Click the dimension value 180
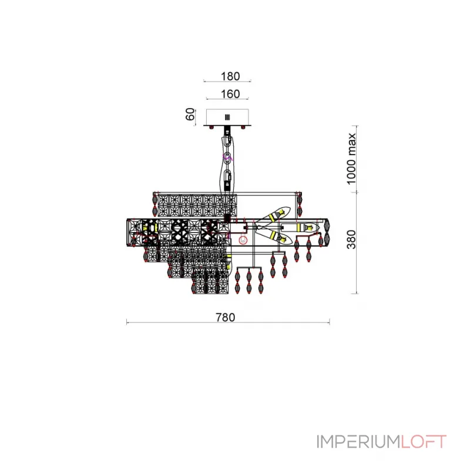tap(230, 76)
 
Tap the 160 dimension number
tap(230, 94)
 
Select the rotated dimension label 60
tap(190, 114)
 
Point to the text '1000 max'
tap(351, 159)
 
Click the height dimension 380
tap(351, 240)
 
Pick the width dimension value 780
tap(226, 317)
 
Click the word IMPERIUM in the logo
tap(358, 442)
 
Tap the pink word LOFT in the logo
tap(424, 442)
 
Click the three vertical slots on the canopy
tap(227, 117)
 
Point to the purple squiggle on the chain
tap(227, 157)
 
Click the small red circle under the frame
tap(243, 240)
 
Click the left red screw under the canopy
tap(211, 127)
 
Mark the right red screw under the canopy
tap(243, 127)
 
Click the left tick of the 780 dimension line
tap(127, 322)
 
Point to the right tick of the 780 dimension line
tap(330, 322)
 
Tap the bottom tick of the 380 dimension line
tap(356, 293)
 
